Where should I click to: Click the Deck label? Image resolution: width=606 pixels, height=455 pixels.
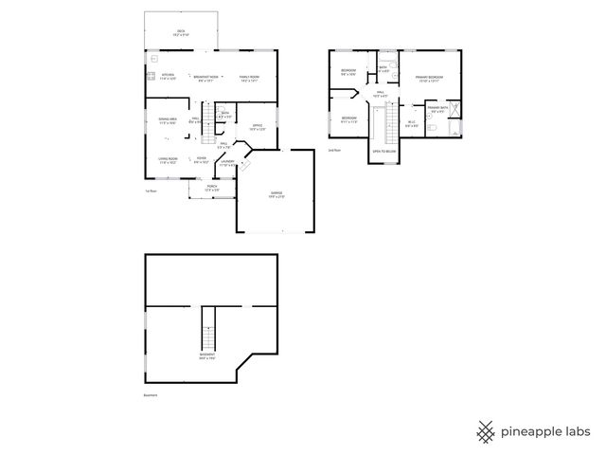point(181,32)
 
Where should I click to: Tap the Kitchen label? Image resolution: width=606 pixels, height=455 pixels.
point(168,77)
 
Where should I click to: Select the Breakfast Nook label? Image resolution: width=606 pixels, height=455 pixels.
point(206,77)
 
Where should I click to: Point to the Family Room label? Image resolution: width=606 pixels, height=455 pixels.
point(249,77)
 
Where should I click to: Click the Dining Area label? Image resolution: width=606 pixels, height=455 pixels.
point(168,119)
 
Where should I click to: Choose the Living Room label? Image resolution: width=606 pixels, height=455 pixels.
point(168,161)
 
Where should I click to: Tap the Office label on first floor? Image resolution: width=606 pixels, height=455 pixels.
point(257,126)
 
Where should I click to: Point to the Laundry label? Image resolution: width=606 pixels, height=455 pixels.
point(228,163)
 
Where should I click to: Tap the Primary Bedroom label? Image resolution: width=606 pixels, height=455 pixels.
point(429,77)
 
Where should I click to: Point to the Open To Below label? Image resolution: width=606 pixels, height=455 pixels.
point(383,152)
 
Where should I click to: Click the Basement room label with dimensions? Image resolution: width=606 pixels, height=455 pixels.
point(206,356)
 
